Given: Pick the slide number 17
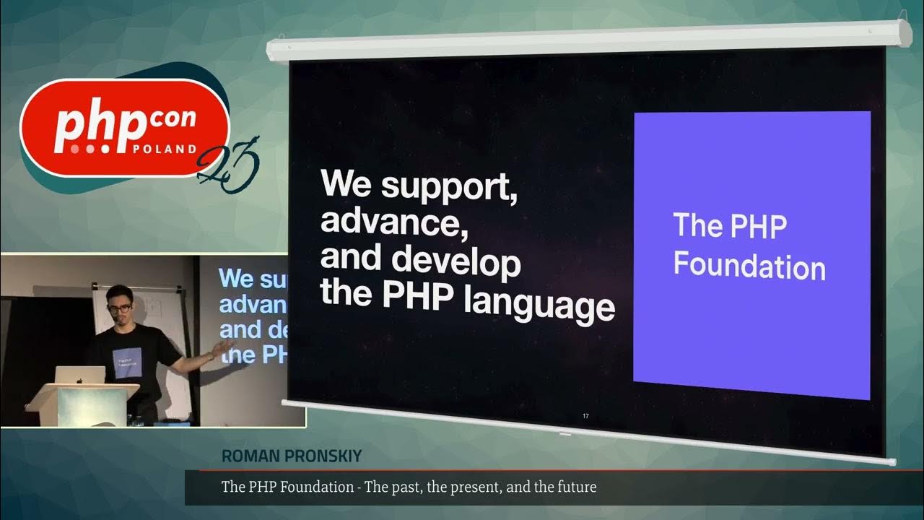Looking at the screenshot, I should (x=586, y=416).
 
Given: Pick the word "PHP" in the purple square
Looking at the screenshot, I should (x=757, y=227).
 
